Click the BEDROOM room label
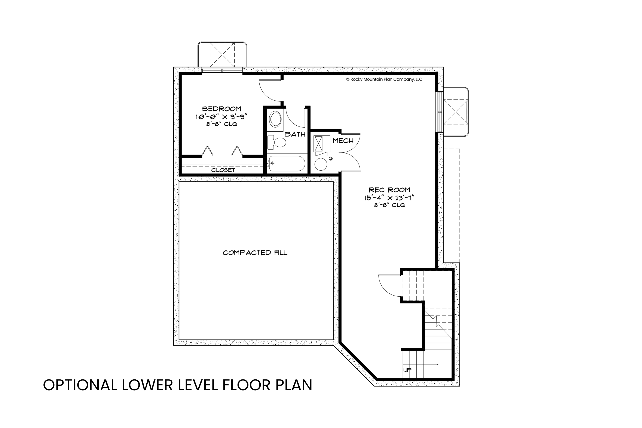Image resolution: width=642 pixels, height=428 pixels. [x=222, y=109]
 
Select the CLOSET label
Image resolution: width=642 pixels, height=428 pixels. [x=223, y=170]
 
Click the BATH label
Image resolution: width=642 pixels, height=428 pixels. [x=295, y=134]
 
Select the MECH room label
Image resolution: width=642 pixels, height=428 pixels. [x=343, y=141]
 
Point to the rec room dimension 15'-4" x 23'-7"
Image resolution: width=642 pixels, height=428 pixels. [x=389, y=198]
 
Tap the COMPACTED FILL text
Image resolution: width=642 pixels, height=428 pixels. [x=255, y=253]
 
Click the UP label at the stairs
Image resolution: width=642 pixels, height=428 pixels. [x=407, y=370]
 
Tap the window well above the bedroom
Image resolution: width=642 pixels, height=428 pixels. [x=222, y=55]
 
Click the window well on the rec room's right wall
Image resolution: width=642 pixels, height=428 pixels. [x=455, y=112]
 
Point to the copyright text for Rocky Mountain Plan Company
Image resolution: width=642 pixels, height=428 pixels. [x=384, y=79]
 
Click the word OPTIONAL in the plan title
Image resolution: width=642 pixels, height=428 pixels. [x=80, y=385]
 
